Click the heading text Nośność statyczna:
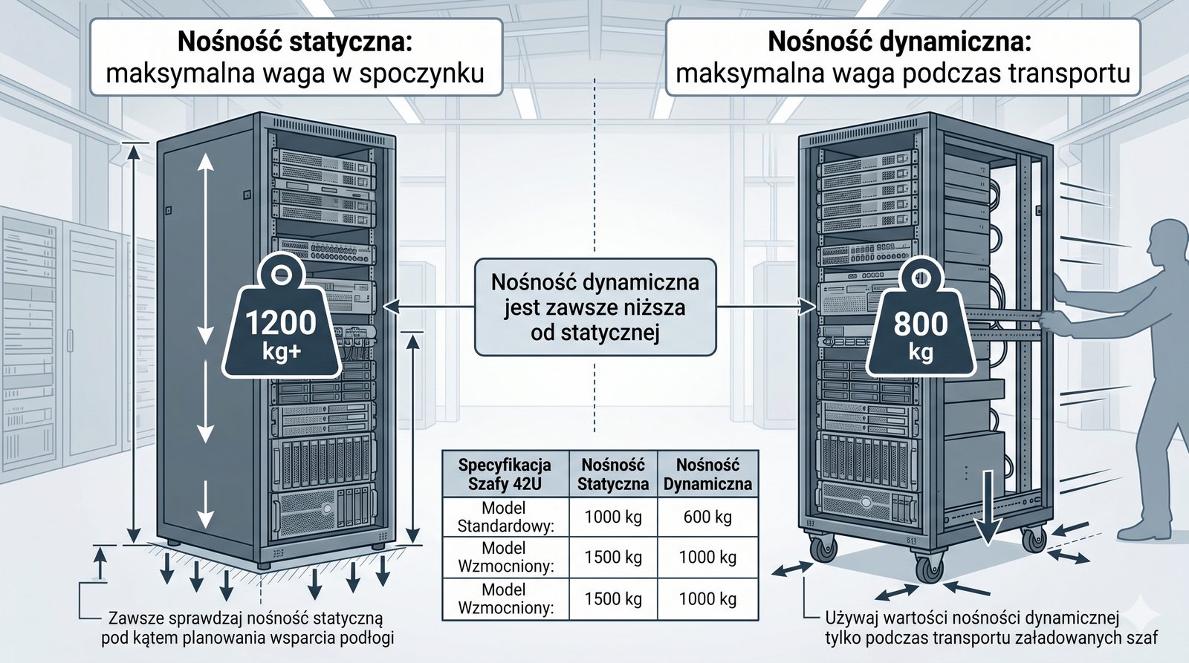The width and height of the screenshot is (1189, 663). (x=295, y=42)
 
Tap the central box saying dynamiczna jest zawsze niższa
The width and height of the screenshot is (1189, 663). (x=595, y=307)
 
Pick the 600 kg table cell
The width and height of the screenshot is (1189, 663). (x=707, y=517)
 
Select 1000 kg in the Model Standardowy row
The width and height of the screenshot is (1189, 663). (x=613, y=517)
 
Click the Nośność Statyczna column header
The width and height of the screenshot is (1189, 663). (x=613, y=474)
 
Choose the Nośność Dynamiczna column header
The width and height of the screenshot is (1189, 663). (x=707, y=474)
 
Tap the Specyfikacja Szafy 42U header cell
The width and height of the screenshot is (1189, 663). (x=505, y=474)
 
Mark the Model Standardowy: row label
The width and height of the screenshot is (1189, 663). (x=505, y=517)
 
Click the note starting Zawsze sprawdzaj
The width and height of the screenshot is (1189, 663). (x=246, y=628)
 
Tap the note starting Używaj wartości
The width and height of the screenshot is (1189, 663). (x=991, y=628)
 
